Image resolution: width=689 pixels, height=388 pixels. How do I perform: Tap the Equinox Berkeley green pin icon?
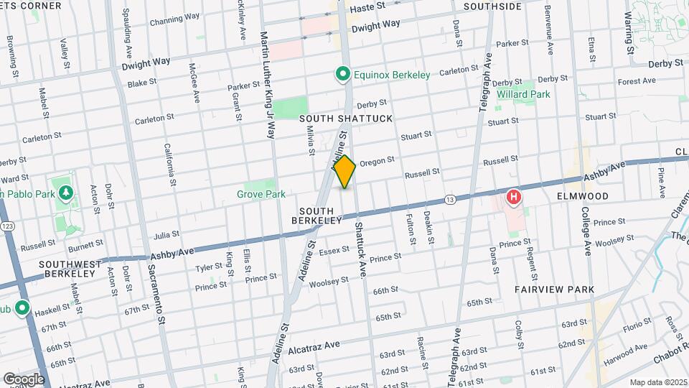(343, 74)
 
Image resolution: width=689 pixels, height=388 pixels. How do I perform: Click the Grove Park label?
(261, 194)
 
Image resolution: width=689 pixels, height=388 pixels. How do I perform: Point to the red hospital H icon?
(514, 196)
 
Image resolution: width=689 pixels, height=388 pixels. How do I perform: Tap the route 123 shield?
(6, 226)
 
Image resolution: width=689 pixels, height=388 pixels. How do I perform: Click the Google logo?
(24, 379)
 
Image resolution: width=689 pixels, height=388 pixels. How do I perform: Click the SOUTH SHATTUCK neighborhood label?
(346, 118)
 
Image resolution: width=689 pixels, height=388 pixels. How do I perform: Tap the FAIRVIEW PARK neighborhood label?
(554, 290)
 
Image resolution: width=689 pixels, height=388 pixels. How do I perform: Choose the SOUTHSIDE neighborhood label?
(492, 6)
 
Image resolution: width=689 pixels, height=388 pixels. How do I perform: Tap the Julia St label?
(167, 234)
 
